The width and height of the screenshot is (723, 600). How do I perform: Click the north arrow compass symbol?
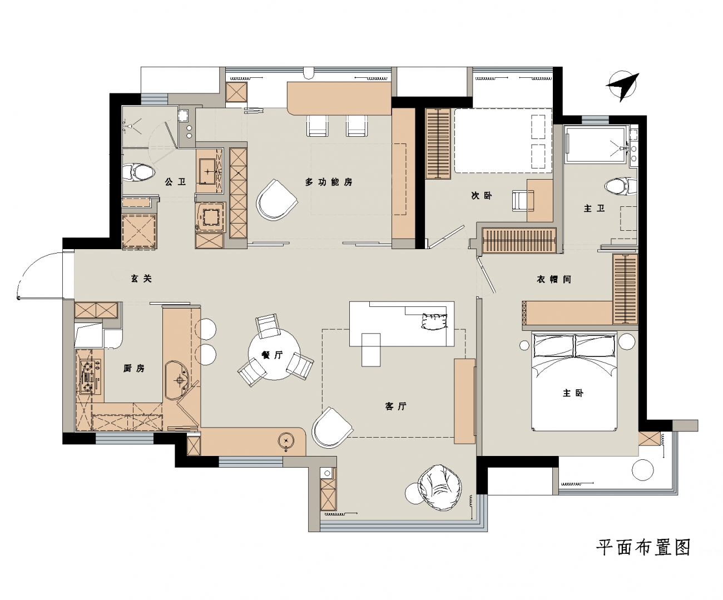[x=622, y=87]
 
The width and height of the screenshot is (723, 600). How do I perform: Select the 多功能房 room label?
[x=329, y=182]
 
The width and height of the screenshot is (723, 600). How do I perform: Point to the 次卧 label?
[x=481, y=196]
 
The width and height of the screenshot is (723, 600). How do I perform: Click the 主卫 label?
[x=594, y=209]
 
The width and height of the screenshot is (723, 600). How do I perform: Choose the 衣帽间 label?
[x=554, y=279]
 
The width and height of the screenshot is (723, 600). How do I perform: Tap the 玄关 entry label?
[x=141, y=279]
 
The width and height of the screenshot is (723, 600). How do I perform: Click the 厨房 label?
[x=133, y=368]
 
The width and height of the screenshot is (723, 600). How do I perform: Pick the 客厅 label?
[x=395, y=406]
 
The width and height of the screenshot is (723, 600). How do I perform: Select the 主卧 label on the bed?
[x=573, y=393]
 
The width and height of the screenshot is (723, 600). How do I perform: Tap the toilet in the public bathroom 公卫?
[x=138, y=172]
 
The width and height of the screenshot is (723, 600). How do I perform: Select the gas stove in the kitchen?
[x=90, y=376]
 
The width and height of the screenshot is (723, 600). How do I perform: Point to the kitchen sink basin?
[x=177, y=380]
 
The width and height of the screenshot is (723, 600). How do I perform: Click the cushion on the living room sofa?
[x=434, y=321]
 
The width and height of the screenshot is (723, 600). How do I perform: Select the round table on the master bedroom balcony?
[x=643, y=470]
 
